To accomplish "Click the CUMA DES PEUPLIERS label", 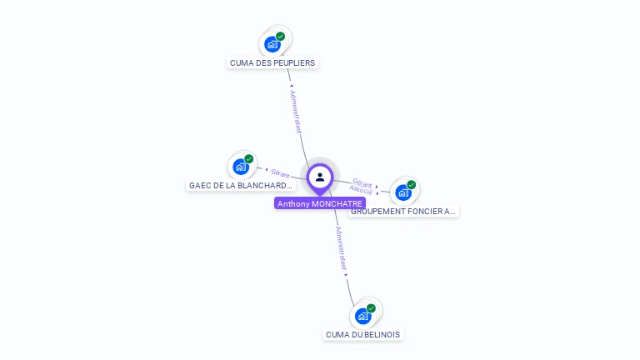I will [x=272, y=62].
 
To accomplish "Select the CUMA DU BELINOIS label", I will [x=362, y=334].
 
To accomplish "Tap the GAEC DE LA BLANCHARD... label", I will [x=241, y=185].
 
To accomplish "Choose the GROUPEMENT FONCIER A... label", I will [x=403, y=211].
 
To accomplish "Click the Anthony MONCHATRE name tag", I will [x=320, y=203].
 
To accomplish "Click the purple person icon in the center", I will [x=320, y=177].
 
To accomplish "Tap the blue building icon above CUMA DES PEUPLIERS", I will [x=272, y=44].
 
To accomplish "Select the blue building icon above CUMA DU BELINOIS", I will [x=362, y=316].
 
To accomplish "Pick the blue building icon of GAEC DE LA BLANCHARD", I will [x=240, y=167].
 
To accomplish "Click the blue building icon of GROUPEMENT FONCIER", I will [x=402, y=192].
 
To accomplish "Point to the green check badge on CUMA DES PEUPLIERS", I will [x=281, y=37].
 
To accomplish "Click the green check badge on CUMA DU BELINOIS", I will [x=372, y=308].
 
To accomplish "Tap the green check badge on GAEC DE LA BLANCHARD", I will [x=249, y=159].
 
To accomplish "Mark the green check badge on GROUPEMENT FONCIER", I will [x=412, y=185].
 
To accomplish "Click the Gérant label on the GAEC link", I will [x=280, y=173].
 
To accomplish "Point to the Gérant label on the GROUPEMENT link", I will [x=362, y=182].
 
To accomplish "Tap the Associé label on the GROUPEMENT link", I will [x=361, y=190].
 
